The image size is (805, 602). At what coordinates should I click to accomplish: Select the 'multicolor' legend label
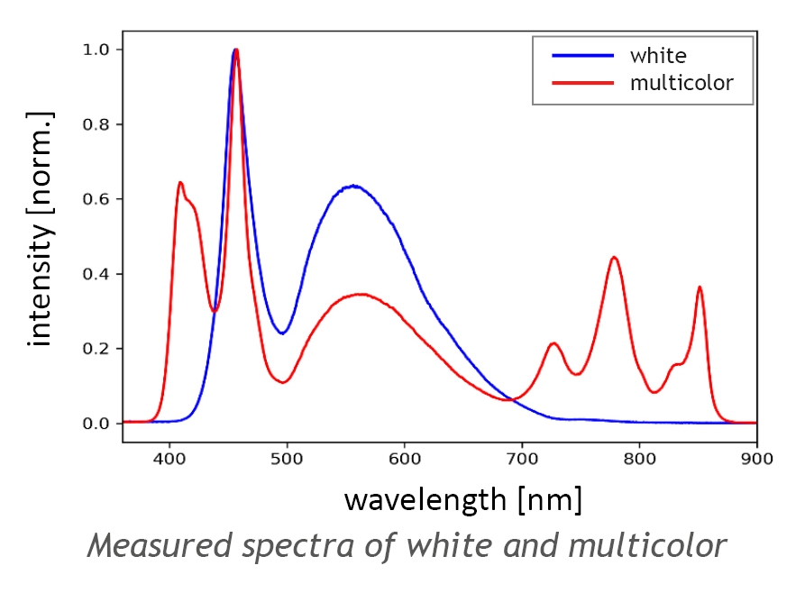point(681,84)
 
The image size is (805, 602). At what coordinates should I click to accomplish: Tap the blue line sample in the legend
point(583,55)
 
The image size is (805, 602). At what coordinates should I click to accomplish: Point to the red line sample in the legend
point(583,84)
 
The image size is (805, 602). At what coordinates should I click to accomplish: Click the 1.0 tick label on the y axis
point(96,50)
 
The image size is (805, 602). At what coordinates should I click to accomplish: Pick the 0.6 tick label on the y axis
point(96,199)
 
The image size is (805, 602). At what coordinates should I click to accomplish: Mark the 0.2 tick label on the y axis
point(96,349)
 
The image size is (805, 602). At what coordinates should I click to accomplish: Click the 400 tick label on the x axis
point(169,457)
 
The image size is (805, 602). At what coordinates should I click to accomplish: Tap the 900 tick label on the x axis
point(756,457)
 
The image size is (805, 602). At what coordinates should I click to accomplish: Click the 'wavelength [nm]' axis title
point(462,498)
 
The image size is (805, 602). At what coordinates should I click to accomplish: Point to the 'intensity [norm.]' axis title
point(40,229)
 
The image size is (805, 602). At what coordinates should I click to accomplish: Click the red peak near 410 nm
point(180,183)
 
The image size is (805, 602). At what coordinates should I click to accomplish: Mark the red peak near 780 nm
point(614,258)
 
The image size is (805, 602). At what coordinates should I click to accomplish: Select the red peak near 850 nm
point(700,287)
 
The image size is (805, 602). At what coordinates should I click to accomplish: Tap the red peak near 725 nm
point(553,343)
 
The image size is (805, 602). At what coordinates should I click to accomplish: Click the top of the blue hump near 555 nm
point(353,187)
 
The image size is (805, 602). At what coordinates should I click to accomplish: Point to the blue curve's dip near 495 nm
point(282,333)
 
